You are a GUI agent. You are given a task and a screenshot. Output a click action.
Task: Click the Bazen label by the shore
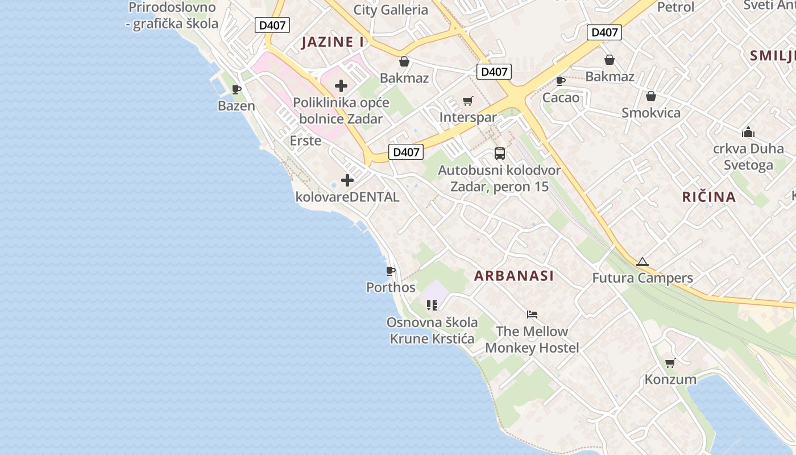pyautogui.click(x=237, y=105)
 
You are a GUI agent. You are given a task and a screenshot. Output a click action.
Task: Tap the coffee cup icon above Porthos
pyautogui.click(x=390, y=271)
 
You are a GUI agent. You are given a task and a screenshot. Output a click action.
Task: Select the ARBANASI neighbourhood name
pyautogui.click(x=514, y=276)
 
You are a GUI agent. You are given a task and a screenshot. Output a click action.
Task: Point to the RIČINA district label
pyautogui.click(x=709, y=197)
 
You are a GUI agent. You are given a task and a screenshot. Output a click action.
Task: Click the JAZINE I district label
pyautogui.click(x=333, y=42)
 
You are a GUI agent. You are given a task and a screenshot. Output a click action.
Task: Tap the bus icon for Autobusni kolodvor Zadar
pyautogui.click(x=499, y=153)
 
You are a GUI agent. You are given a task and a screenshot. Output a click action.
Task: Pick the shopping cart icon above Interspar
pyautogui.click(x=467, y=101)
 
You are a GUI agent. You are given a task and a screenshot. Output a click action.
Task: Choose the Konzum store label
pyautogui.click(x=670, y=379)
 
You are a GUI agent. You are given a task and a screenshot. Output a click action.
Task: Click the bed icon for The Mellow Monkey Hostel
pyautogui.click(x=532, y=314)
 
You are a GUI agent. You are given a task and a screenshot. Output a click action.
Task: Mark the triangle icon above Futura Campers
pyautogui.click(x=642, y=262)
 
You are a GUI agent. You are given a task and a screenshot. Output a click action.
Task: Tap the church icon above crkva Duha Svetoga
pyautogui.click(x=748, y=133)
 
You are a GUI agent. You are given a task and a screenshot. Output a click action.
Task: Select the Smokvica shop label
pyautogui.click(x=651, y=113)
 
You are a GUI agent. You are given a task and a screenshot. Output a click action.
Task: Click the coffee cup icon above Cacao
pyautogui.click(x=561, y=81)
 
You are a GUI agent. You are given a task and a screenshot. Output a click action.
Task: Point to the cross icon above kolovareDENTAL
pyautogui.click(x=347, y=181)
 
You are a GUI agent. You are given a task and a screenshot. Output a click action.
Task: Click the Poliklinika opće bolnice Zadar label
pyautogui.click(x=341, y=111)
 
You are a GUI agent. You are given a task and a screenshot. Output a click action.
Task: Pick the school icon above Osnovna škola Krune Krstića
pyautogui.click(x=432, y=305)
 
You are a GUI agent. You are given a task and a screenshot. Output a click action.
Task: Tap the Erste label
pyautogui.click(x=305, y=140)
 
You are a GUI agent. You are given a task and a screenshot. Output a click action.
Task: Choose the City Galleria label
pyautogui.click(x=391, y=10)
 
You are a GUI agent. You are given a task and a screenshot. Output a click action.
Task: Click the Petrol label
pyautogui.click(x=676, y=7)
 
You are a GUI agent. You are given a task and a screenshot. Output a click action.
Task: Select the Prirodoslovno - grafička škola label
pyautogui.click(x=172, y=15)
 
